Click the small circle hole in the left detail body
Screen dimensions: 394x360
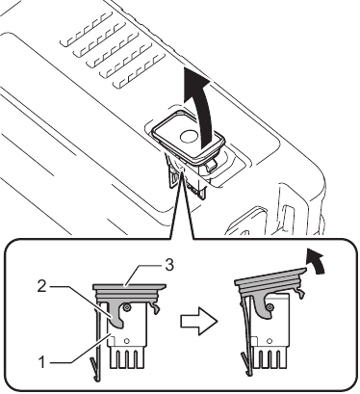[x=138, y=310]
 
